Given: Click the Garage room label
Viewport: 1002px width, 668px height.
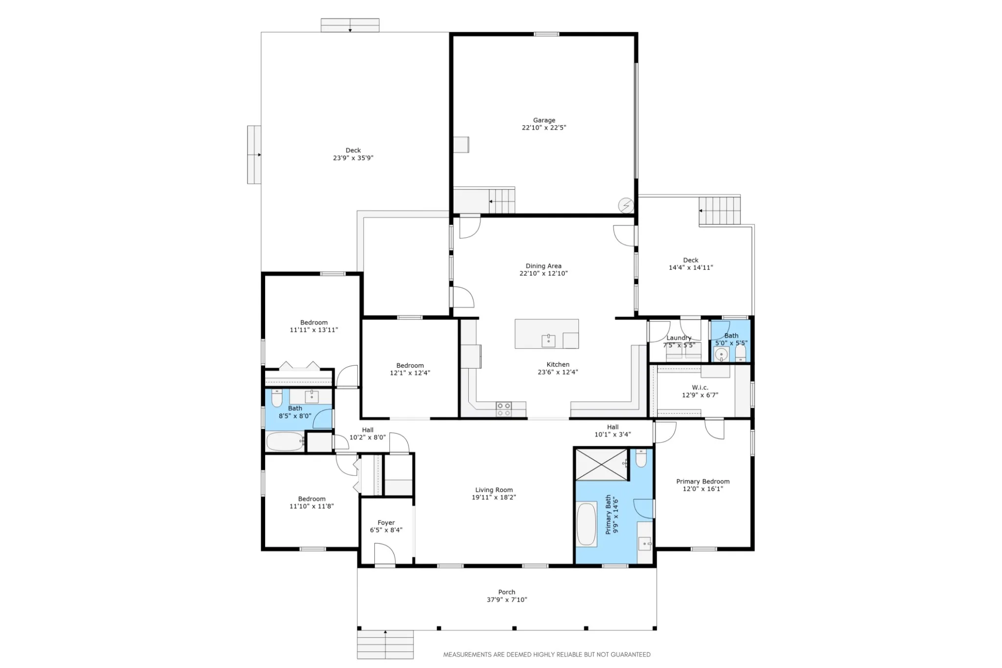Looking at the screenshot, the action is coord(544,120).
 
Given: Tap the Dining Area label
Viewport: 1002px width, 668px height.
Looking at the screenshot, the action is coord(544,266).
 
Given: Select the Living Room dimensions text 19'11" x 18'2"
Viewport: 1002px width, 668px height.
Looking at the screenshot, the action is coord(494,497).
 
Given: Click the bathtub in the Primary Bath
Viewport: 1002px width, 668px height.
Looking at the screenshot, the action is coord(587,525).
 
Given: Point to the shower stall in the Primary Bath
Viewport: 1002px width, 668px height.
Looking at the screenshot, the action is coord(601,465).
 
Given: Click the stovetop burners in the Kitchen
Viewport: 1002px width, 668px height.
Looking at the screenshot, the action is coord(503,409).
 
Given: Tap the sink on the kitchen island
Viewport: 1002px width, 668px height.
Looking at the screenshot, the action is coord(548,340).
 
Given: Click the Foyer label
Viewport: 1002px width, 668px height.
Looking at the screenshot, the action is coord(386,523).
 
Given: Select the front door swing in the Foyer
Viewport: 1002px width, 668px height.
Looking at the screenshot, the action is coord(385,554).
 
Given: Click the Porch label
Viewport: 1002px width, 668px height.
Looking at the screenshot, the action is coord(507,592).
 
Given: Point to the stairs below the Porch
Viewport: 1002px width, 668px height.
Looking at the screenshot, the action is coord(386,645).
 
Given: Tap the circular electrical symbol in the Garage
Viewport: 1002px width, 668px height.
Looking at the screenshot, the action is coord(626,205).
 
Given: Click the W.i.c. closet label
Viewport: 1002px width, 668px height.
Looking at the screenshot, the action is coord(700,388).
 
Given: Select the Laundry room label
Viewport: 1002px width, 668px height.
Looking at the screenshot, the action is coord(679,338).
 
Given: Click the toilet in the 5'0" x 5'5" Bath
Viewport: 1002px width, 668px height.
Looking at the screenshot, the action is coord(740,353).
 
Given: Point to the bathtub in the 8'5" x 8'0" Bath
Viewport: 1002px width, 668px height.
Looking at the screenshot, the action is coord(285,442).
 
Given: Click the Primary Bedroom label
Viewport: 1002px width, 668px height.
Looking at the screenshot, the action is coord(703,482).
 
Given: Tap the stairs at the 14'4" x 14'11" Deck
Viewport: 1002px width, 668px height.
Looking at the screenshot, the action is coord(719,211).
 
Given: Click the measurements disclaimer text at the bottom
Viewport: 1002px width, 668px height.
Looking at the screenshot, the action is coord(547,655).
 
